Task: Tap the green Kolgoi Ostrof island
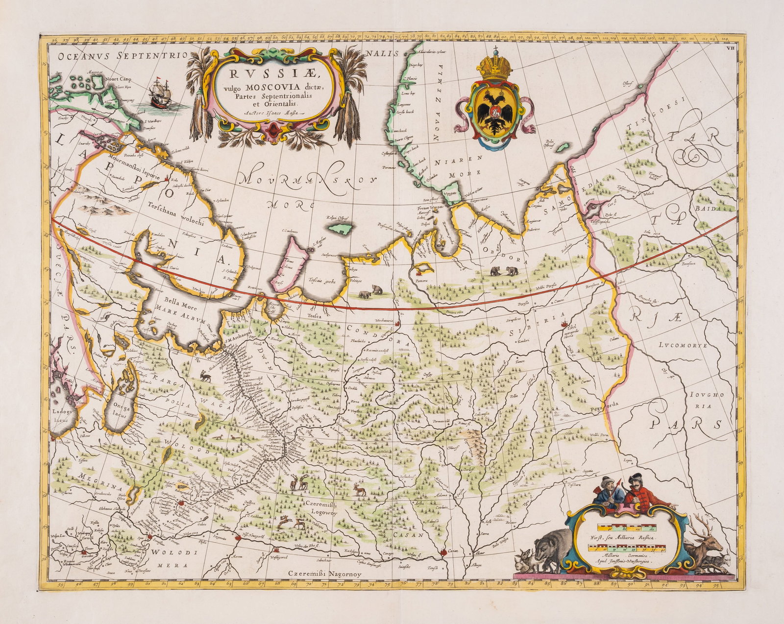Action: (342, 229)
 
